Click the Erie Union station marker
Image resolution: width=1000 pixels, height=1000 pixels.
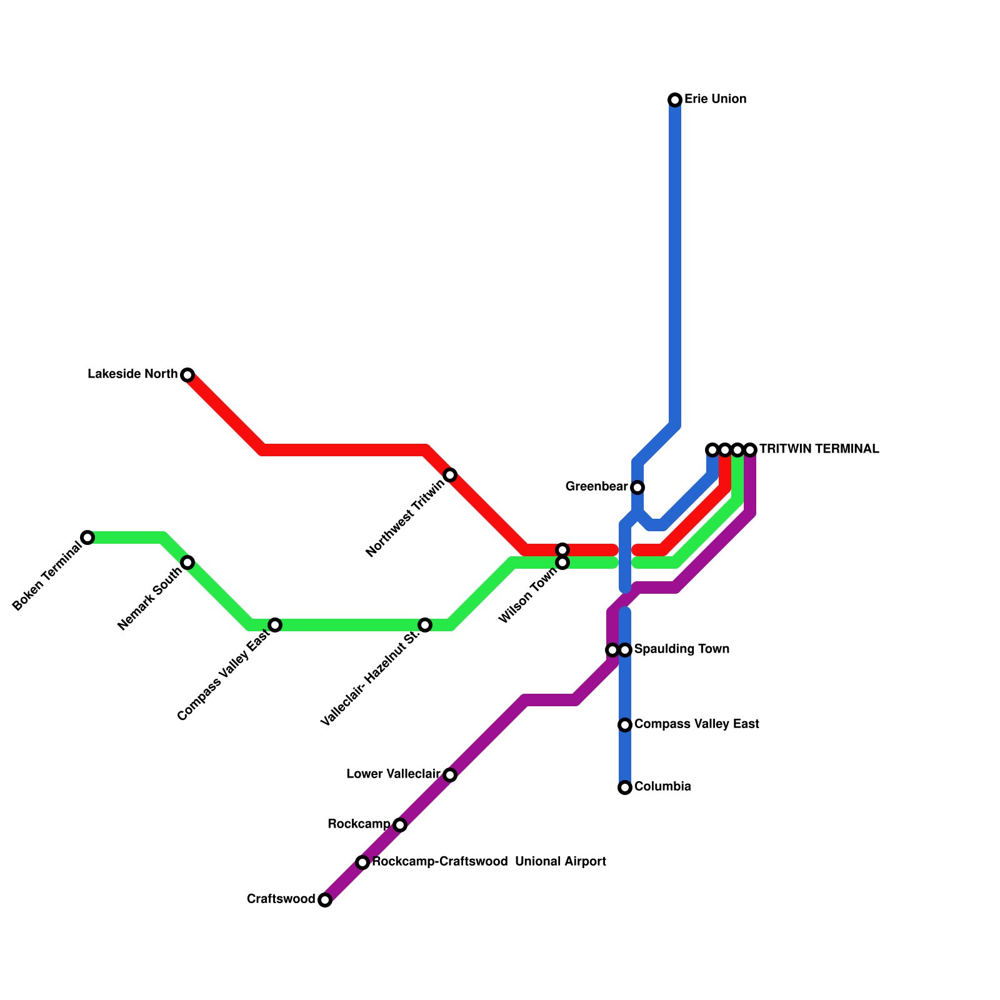click(675, 100)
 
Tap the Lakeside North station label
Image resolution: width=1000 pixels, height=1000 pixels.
click(132, 374)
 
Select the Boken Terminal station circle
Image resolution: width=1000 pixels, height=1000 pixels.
click(87, 537)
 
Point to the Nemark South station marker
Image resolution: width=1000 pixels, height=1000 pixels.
click(187, 562)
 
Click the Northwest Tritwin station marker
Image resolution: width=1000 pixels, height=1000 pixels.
click(450, 475)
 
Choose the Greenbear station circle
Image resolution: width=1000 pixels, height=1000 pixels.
click(637, 487)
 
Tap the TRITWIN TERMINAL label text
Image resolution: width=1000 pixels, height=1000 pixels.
click(819, 449)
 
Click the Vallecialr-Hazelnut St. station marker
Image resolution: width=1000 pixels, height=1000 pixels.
click(425, 625)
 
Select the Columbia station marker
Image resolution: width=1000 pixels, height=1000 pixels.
click(625, 787)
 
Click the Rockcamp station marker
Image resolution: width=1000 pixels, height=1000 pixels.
click(400, 825)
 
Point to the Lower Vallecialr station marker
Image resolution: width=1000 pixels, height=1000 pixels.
click(450, 775)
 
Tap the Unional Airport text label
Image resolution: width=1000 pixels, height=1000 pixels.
click(561, 862)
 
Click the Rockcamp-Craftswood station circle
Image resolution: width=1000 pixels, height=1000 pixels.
click(362, 862)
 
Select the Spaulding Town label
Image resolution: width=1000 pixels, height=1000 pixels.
click(681, 649)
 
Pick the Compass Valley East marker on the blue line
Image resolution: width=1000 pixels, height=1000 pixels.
click(625, 725)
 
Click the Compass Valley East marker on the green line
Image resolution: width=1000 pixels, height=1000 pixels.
click(275, 625)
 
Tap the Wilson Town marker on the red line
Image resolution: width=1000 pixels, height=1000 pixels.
click(562, 550)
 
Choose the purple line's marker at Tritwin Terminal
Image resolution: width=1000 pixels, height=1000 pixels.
click(750, 450)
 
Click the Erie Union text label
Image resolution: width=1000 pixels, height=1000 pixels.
click(715, 99)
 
